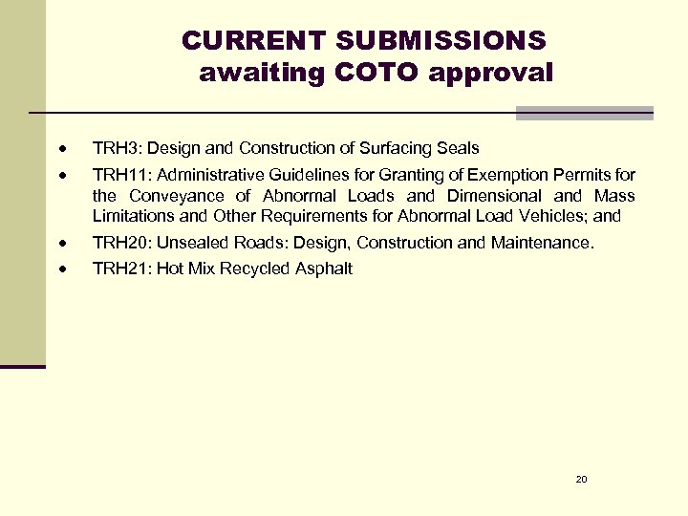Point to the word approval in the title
tap(491, 73)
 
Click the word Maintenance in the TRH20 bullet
tap(542, 243)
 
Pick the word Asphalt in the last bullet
tap(324, 269)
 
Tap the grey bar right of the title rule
tap(584, 113)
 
